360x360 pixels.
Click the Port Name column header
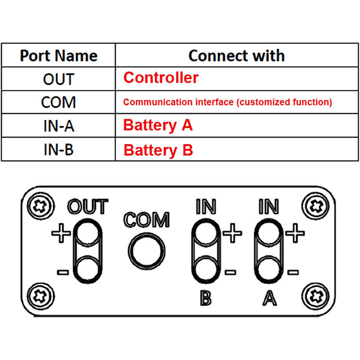[x=58, y=56]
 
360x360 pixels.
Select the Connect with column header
[x=237, y=56]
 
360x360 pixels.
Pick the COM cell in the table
[x=58, y=102]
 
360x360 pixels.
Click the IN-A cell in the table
[x=58, y=126]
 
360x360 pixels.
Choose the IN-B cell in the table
[x=58, y=150]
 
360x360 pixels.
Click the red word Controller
[x=161, y=78]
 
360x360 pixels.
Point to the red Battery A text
[x=158, y=125]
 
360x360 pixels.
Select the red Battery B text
[x=158, y=150]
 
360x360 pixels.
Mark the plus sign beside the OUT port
[x=61, y=233]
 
